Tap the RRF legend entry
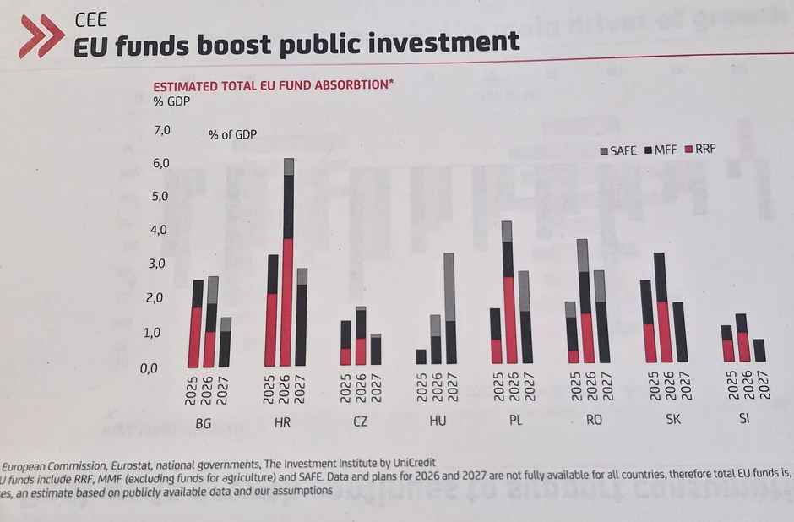tap(699, 149)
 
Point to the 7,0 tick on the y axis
tap(161, 130)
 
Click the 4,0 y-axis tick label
tap(161, 230)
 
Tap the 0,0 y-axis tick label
tap(161, 368)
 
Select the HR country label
tap(283, 422)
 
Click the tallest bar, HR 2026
tap(288, 262)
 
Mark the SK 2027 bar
tap(678, 333)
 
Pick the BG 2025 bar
tap(197, 323)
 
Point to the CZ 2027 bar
tap(376, 349)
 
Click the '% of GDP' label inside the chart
tap(232, 134)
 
